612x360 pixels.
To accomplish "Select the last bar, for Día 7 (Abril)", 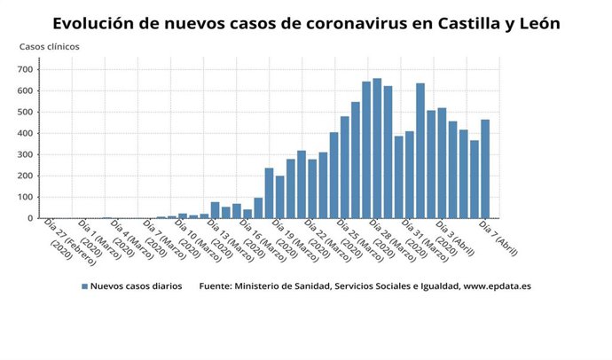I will (x=485, y=169).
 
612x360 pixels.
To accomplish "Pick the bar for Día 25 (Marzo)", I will (x=344, y=168).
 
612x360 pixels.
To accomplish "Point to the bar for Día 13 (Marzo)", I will (x=215, y=210).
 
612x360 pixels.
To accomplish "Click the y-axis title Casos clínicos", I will (x=50, y=45).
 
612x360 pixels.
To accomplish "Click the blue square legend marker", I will (x=85, y=287).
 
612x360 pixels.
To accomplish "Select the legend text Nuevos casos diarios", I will (x=137, y=287).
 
